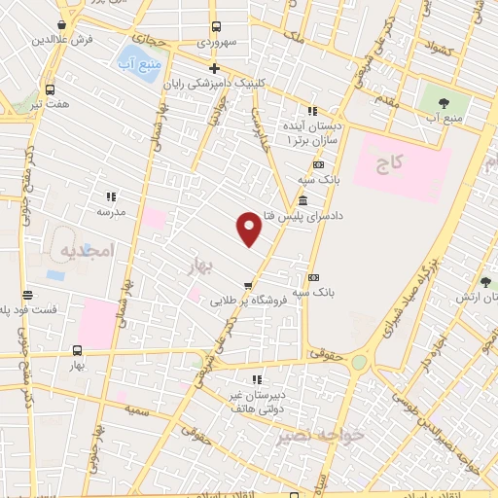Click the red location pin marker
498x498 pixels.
point(249,229)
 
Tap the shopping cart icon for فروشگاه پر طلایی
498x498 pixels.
point(249,285)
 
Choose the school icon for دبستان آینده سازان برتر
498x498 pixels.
point(311,111)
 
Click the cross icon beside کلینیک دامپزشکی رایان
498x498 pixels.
point(214,67)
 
